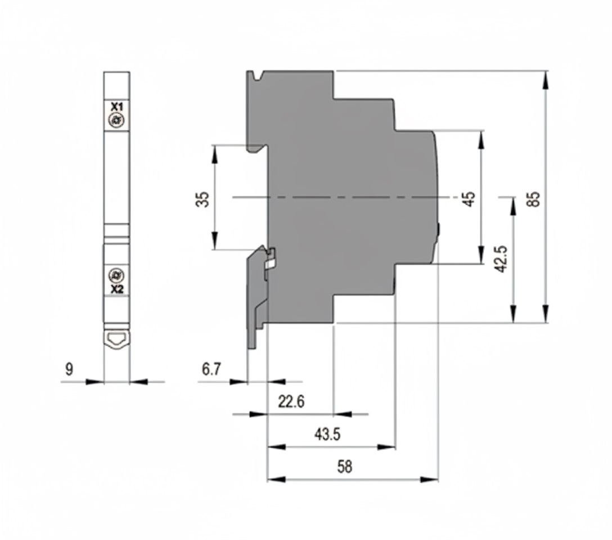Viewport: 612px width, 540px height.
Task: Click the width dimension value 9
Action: (69, 370)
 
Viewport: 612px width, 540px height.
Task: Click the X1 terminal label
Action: (117, 106)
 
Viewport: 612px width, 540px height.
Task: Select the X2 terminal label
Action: (117, 290)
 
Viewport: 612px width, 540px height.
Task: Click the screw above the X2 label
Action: (117, 276)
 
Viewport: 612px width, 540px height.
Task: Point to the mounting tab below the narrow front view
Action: (117, 339)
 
